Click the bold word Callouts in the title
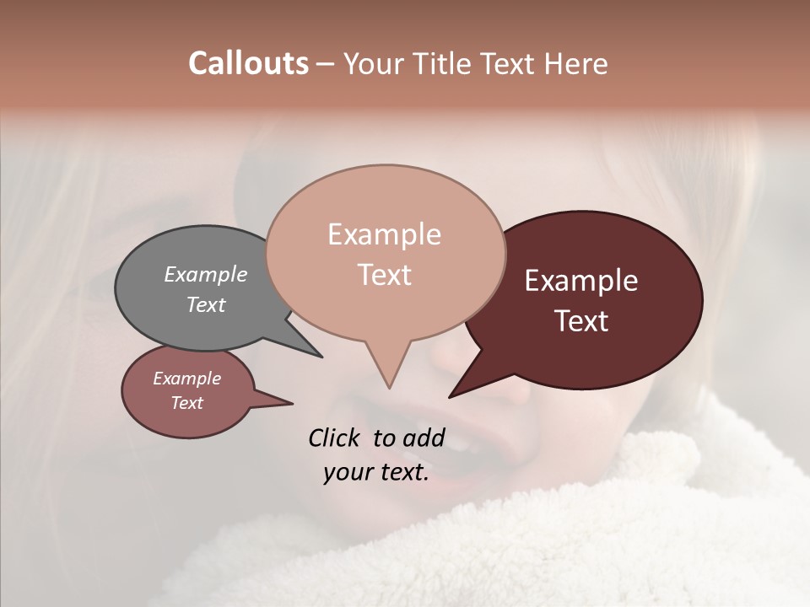click(x=248, y=63)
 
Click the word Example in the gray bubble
click(x=206, y=274)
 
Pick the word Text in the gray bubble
click(x=206, y=304)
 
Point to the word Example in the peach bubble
click(x=385, y=234)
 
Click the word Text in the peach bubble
click(x=385, y=275)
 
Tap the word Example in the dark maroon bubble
click(x=581, y=281)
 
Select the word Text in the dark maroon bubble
click(x=581, y=321)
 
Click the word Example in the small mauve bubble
click(x=187, y=379)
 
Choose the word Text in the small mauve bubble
click(x=187, y=403)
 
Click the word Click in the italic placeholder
click(x=335, y=438)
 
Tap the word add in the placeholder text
click(x=424, y=438)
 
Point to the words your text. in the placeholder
click(x=376, y=473)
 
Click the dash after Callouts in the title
click(x=326, y=63)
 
